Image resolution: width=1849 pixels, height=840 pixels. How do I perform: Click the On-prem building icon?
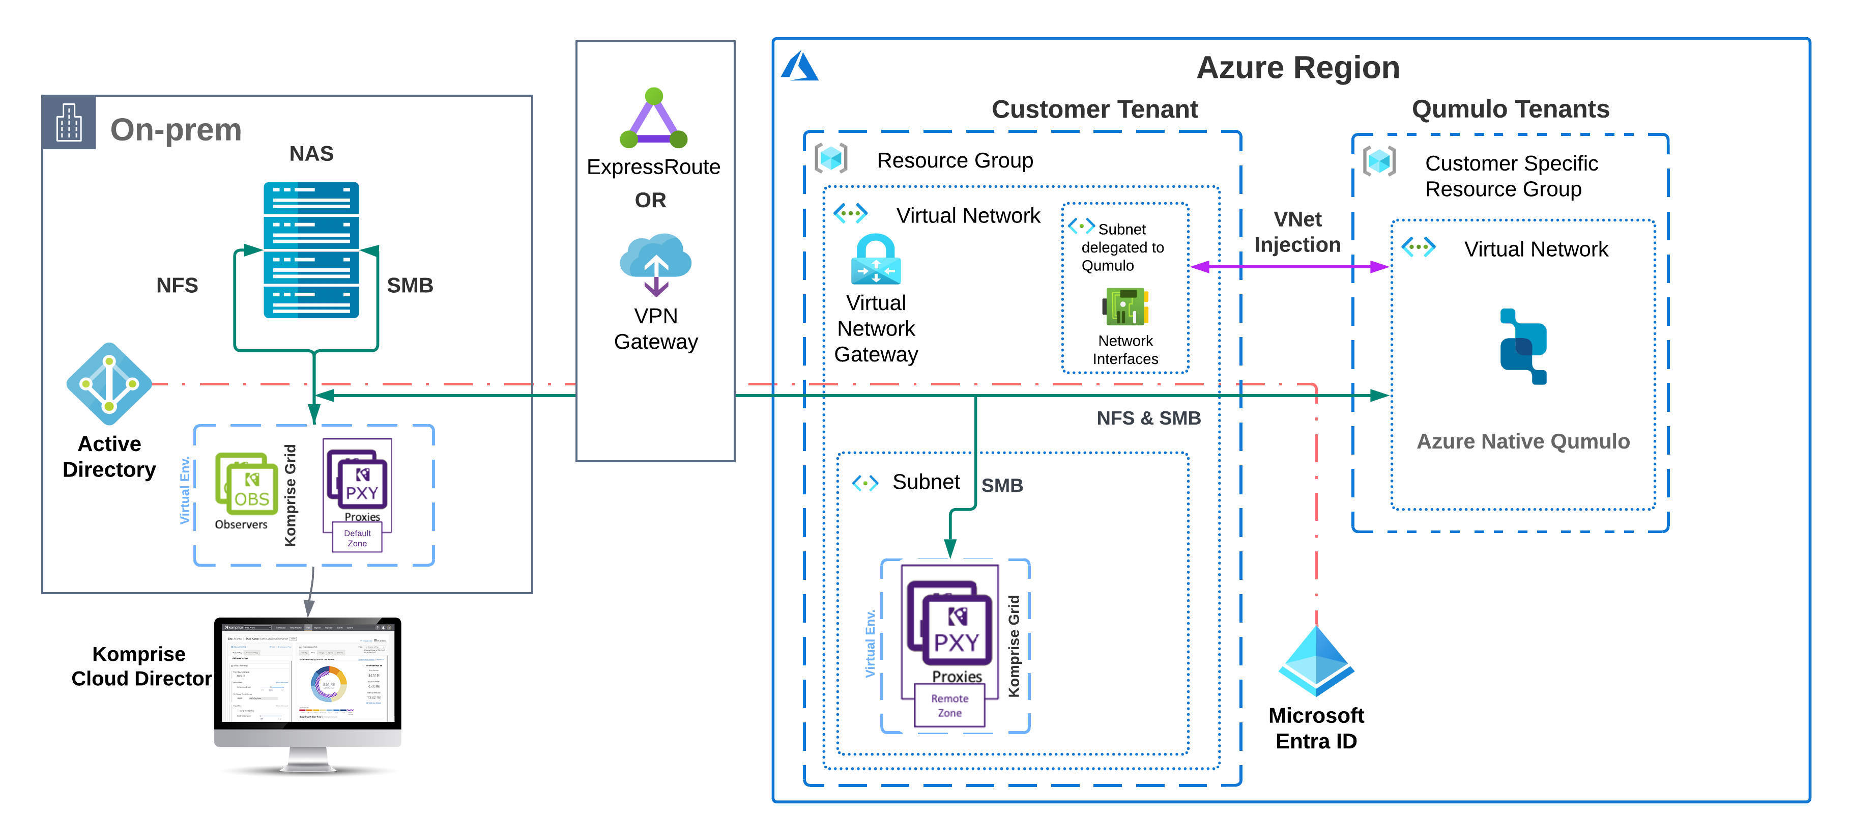tap(69, 122)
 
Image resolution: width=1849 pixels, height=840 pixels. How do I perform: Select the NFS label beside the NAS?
tap(177, 286)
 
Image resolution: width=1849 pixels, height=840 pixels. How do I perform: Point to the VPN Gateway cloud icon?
tap(655, 263)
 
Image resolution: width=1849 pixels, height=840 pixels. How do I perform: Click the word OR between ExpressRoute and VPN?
tap(650, 200)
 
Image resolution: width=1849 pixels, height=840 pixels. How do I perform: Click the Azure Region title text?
tap(1298, 68)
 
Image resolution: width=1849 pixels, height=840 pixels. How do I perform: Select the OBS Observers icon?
tap(246, 485)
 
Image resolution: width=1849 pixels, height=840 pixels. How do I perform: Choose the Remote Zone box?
tap(949, 705)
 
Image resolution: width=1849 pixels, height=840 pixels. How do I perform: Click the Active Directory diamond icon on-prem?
tap(109, 384)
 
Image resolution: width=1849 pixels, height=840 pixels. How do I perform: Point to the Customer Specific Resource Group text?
tap(1511, 176)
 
